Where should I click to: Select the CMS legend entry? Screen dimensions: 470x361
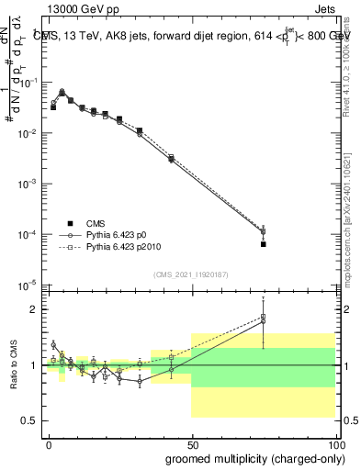pyautogui.click(x=96, y=223)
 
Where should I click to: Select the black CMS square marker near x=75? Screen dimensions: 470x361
pyautogui.click(x=263, y=244)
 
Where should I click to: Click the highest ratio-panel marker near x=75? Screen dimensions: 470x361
pyautogui.click(x=263, y=317)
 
